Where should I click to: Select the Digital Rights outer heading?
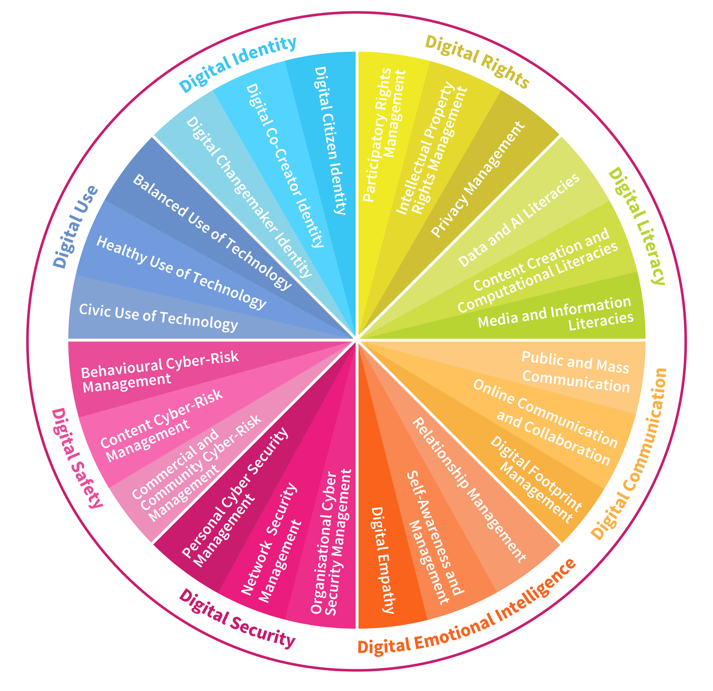click(x=477, y=62)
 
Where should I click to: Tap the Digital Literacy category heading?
click(x=636, y=226)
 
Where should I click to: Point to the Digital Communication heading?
click(x=629, y=453)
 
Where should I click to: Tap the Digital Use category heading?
click(x=76, y=227)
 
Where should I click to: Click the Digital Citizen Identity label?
click(x=330, y=140)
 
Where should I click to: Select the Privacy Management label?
click(x=478, y=179)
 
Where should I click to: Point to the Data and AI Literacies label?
click(x=518, y=221)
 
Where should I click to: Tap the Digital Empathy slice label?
click(x=382, y=560)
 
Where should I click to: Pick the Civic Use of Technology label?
click(x=158, y=317)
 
